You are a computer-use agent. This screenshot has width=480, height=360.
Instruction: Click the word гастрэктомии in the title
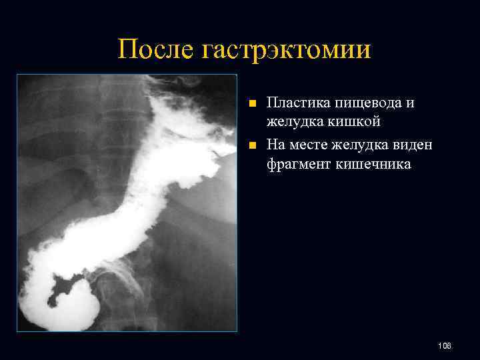point(281,49)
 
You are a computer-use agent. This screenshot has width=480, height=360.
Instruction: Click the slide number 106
point(445,345)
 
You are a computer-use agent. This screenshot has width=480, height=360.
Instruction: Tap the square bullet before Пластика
point(251,104)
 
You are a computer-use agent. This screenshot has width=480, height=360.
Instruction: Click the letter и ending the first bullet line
point(410,103)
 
